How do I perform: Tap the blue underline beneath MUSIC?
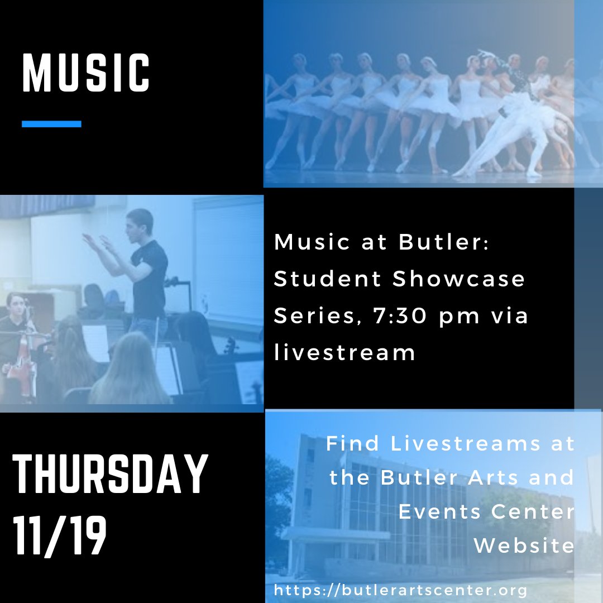51,124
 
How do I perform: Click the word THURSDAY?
109,475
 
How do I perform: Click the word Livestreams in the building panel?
465,444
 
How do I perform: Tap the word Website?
524,546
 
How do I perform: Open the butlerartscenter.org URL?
400,590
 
